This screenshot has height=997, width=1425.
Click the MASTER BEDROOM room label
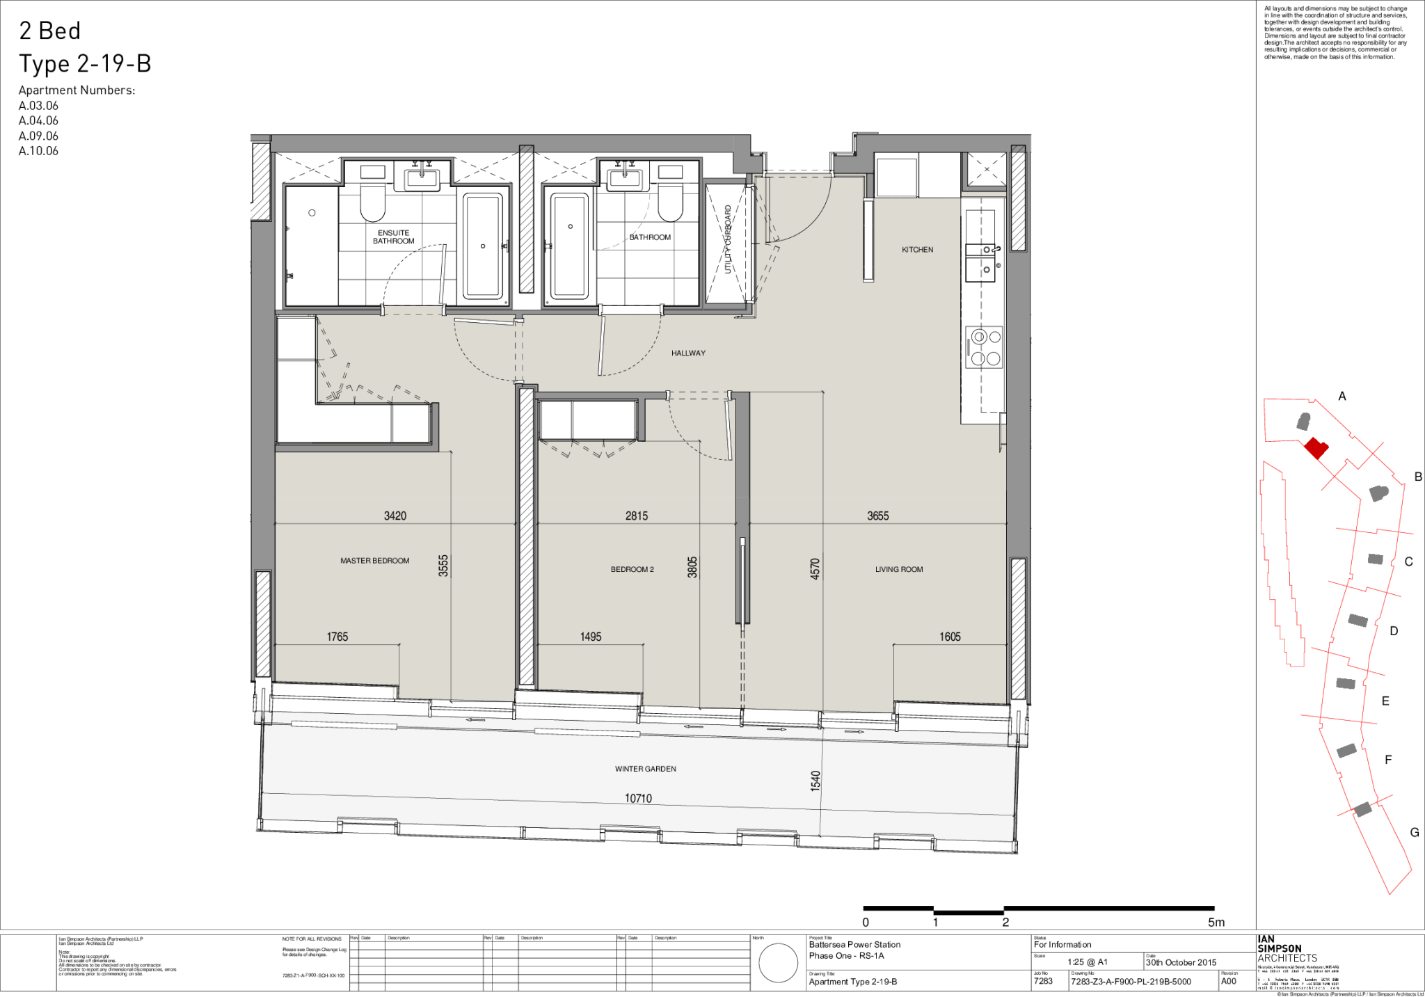374,561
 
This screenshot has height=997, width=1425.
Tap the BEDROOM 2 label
632,569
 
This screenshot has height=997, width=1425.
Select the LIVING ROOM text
898,569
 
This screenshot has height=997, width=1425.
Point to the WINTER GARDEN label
645,769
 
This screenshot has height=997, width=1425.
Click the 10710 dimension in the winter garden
638,799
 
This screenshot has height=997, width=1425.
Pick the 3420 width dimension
395,516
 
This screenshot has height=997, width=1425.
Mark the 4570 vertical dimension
815,568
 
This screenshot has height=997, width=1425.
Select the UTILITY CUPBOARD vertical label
728,239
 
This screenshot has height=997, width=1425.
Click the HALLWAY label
688,353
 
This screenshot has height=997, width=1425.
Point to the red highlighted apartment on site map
1315,448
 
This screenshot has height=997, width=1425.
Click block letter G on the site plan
1414,832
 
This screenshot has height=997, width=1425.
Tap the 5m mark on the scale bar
1216,923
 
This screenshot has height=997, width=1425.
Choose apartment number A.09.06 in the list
38,136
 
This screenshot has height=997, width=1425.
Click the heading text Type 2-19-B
85,64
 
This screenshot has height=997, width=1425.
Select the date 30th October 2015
1181,962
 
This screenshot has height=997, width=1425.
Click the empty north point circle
777,963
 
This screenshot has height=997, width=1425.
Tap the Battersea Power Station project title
854,945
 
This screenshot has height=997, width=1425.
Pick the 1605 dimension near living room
949,637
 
